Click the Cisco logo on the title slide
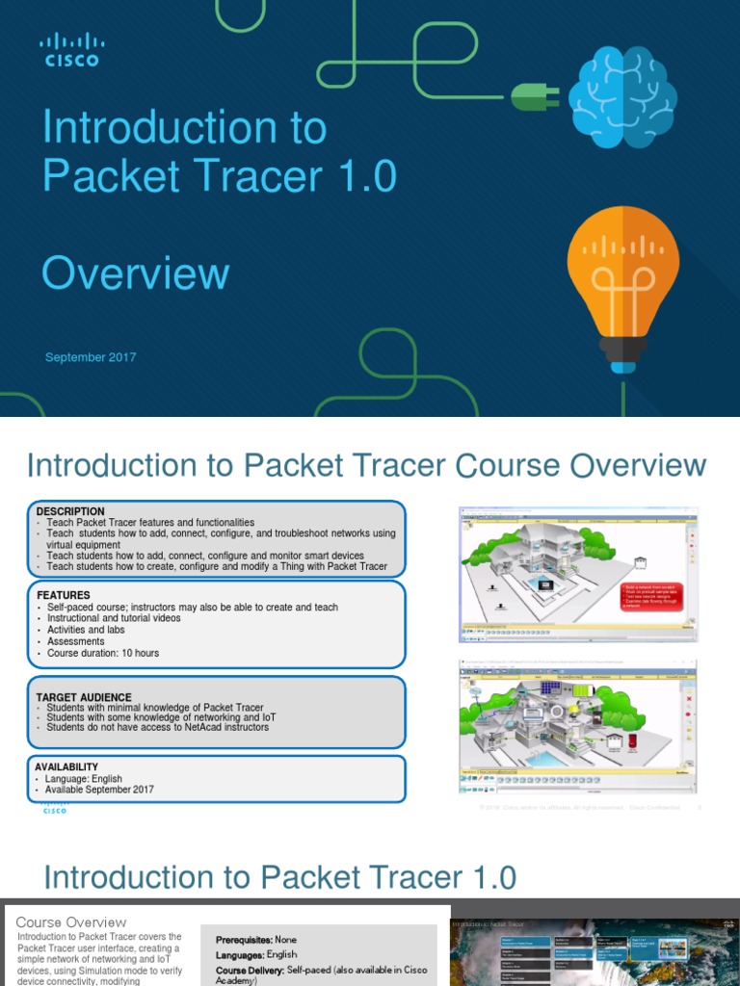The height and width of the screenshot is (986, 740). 71,49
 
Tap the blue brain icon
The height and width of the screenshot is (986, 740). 622,98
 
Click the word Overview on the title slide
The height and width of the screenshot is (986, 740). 135,273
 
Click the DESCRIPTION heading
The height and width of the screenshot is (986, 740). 70,511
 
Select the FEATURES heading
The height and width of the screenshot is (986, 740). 64,595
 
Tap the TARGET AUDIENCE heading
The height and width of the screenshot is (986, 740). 84,697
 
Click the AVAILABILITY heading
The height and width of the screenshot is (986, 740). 68,767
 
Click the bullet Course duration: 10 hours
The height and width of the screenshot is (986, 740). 103,653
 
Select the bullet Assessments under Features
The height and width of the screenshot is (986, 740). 76,641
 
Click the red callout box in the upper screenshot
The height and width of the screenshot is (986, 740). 651,596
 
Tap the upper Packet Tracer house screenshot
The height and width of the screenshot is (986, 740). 577,575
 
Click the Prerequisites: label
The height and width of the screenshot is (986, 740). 244,940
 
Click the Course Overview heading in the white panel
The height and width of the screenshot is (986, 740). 71,922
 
